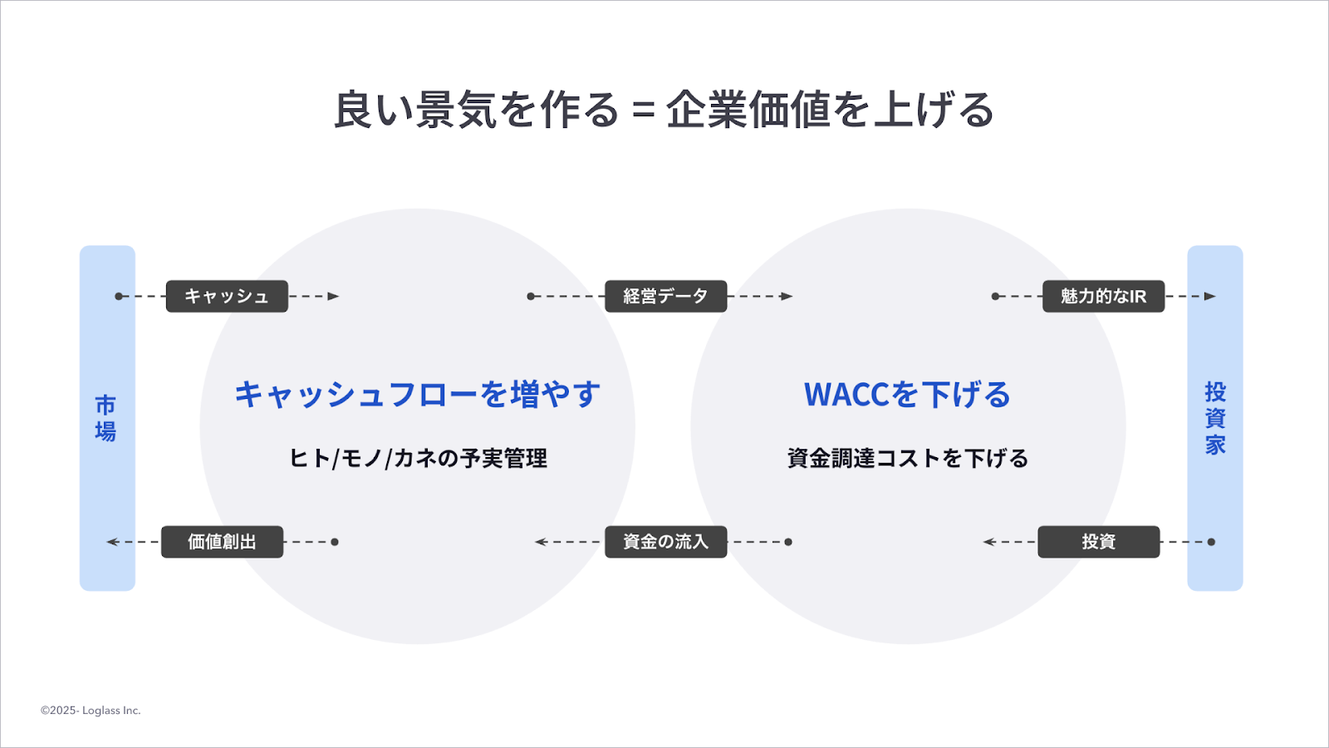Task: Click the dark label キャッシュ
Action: pos(227,297)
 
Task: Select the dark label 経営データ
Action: pos(665,297)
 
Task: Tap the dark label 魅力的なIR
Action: pos(1103,297)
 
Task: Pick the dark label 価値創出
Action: pos(222,542)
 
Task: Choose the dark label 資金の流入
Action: pos(665,542)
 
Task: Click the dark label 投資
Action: pos(1098,542)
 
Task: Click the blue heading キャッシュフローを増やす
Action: pos(418,395)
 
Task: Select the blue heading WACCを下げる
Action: pos(907,395)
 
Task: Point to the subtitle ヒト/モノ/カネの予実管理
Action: pos(418,458)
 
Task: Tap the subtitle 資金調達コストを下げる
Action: pos(907,458)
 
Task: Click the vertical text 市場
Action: pos(105,418)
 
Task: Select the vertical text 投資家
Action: pos(1215,418)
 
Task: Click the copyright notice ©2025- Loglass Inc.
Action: pos(91,711)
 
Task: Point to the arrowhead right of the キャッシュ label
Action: pos(334,297)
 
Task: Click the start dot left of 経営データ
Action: pos(531,297)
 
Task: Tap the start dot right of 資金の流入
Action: pos(788,542)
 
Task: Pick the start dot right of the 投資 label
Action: pos(1211,542)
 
